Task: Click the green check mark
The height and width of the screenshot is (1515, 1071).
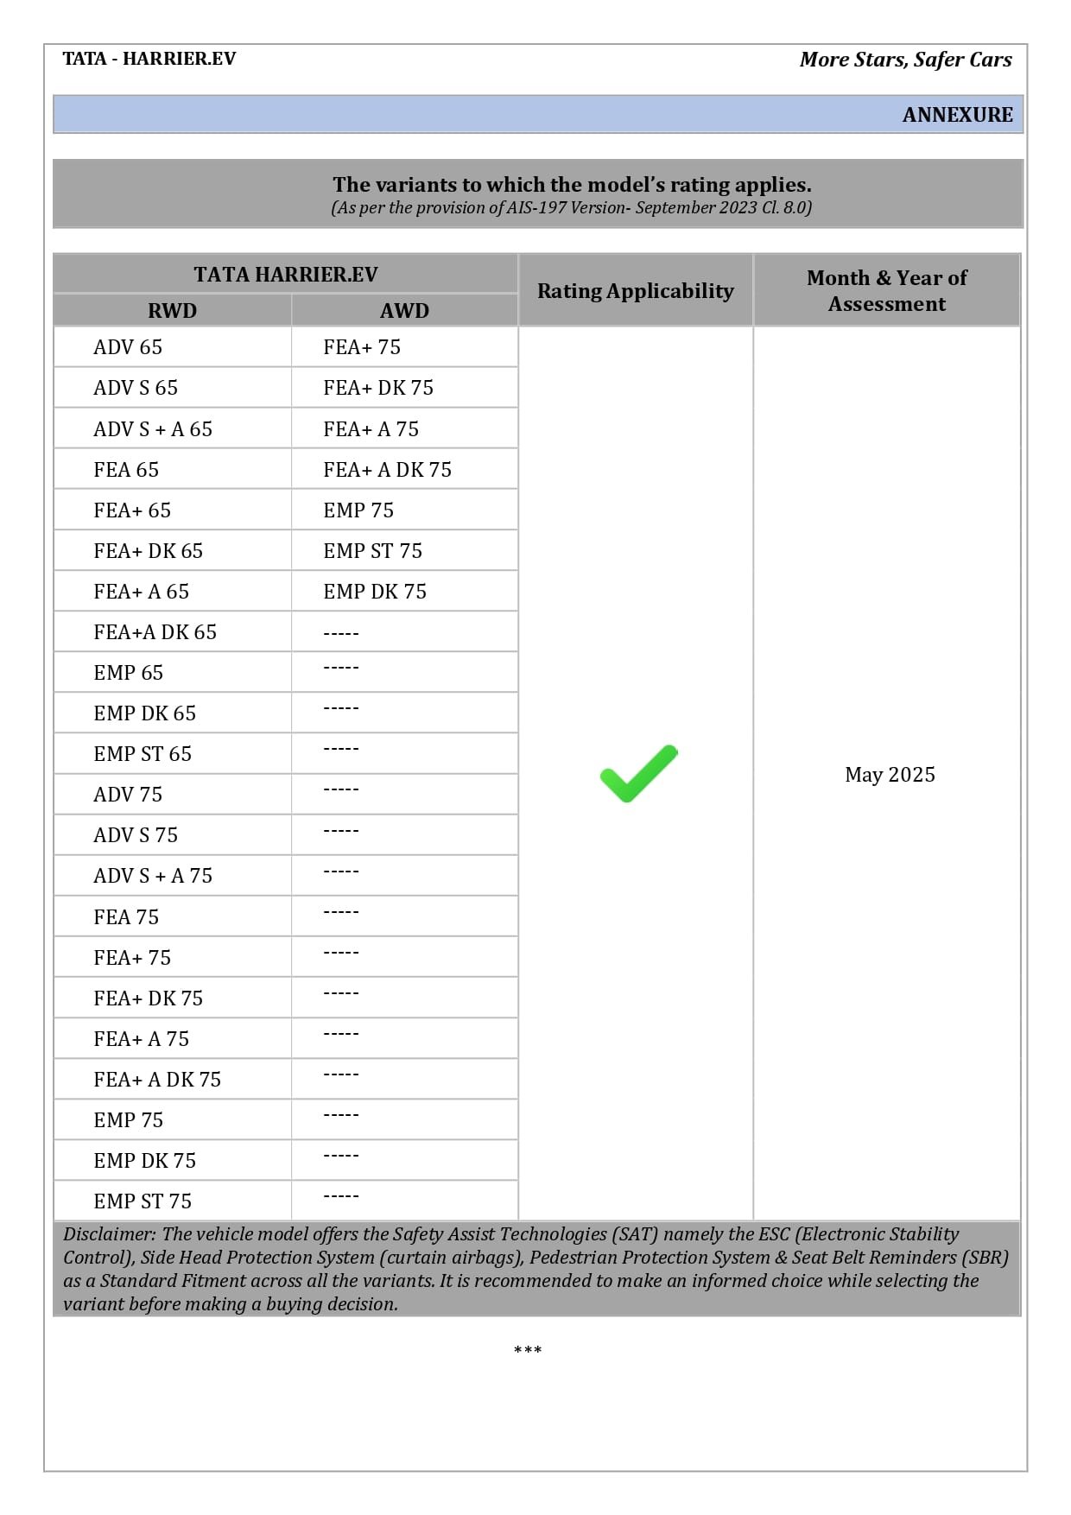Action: click(x=638, y=773)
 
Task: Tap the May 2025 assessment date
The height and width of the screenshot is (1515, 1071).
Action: click(x=890, y=775)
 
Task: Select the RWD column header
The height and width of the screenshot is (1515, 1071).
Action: click(x=172, y=311)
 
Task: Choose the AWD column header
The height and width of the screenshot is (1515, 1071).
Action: click(x=404, y=311)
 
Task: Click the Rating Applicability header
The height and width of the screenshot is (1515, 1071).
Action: click(x=635, y=291)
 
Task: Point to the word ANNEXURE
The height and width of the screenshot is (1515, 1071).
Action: click(x=957, y=115)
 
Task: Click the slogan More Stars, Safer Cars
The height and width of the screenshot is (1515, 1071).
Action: click(x=905, y=60)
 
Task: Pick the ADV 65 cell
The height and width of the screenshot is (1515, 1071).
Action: click(x=128, y=347)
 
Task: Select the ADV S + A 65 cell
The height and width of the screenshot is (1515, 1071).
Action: click(x=153, y=429)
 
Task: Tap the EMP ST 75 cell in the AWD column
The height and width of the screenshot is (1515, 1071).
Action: click(x=372, y=551)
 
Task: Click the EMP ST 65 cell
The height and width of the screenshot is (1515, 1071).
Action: click(x=143, y=754)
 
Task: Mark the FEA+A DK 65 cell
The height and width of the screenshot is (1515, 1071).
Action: click(x=155, y=632)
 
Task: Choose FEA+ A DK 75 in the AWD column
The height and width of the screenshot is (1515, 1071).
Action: click(x=387, y=470)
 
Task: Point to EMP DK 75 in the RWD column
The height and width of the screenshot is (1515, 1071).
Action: click(x=144, y=1161)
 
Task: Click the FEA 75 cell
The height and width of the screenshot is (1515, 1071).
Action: click(x=126, y=917)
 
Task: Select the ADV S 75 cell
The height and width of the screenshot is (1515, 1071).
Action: click(x=136, y=835)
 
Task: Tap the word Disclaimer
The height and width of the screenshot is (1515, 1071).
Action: click(x=109, y=1234)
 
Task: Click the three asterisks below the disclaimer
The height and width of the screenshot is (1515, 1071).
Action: click(x=528, y=1350)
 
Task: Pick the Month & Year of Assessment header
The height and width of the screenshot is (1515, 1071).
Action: click(x=886, y=291)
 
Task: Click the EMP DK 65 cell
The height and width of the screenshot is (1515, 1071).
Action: click(x=144, y=713)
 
